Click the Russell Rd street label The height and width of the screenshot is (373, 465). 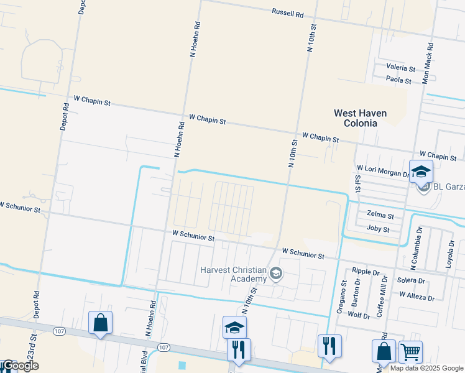point(287,12)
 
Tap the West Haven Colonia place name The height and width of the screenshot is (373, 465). point(360,118)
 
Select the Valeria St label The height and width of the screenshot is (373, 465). point(400,67)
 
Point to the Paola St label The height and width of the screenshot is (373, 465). point(398,81)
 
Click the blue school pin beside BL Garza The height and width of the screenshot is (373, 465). point(421,171)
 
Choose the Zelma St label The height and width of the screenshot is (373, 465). point(380,215)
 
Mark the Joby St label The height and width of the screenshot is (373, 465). point(378,229)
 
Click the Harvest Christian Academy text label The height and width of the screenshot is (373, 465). point(233,274)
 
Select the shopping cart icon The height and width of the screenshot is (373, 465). point(410,351)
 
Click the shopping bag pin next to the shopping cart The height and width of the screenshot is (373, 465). point(384,351)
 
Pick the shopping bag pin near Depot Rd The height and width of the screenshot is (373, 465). point(100,323)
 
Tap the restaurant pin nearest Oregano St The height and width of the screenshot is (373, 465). point(329,346)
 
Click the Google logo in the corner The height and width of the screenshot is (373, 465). point(20,366)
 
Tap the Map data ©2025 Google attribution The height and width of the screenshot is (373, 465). point(427,368)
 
